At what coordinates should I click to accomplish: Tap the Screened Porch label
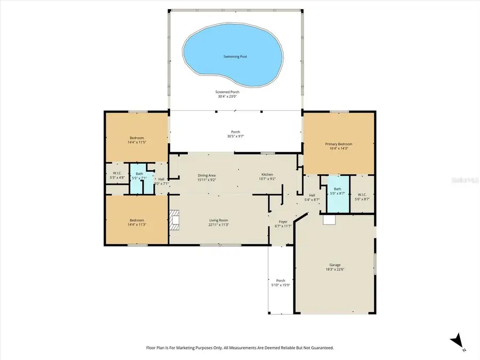pos(227,92)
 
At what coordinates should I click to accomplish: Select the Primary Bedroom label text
pos(339,144)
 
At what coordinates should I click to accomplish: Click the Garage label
pos(334,265)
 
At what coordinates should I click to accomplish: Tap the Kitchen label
pos(267,174)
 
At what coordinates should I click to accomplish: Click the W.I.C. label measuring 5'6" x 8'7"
pos(362,195)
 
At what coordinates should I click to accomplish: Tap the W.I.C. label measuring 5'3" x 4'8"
pos(117,173)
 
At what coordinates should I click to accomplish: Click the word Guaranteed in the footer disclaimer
pos(320,348)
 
